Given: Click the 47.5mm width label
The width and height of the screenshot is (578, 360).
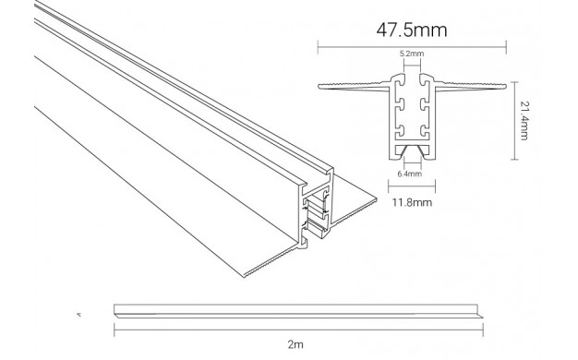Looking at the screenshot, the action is point(412,30).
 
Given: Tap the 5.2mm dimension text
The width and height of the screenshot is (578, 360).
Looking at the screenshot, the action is point(412,54).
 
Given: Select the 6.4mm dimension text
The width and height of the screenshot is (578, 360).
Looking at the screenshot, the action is point(410,174).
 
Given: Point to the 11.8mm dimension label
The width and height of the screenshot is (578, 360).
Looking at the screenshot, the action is point(412,202).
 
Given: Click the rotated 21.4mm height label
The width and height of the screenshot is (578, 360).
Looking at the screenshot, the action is point(524,121).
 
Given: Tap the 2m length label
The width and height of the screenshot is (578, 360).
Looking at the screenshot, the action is point(295,344).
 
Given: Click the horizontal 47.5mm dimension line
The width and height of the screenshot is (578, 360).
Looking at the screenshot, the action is point(412,47).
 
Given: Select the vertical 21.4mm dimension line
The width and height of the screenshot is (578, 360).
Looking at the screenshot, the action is point(515,121).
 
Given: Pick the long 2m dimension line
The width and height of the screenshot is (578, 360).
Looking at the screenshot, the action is point(298,330).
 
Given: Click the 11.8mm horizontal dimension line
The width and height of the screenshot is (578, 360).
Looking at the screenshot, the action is point(412,186).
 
